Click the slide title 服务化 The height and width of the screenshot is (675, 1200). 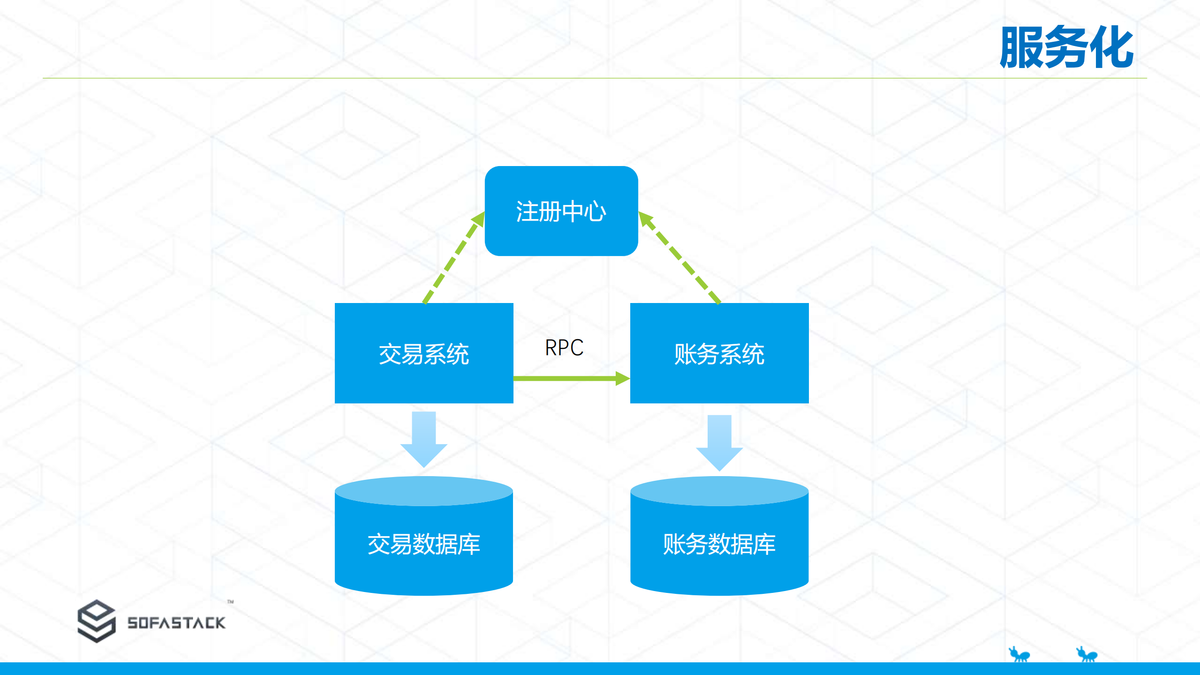(x=1066, y=47)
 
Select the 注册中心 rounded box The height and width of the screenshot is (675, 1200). (x=561, y=211)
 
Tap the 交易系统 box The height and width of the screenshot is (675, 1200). (x=423, y=353)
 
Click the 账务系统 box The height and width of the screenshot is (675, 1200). (x=719, y=353)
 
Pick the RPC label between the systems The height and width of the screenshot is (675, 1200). (x=564, y=348)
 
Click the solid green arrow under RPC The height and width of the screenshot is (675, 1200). (x=563, y=378)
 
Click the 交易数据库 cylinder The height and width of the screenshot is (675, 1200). (x=423, y=544)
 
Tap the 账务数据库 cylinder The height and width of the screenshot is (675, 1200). (x=719, y=544)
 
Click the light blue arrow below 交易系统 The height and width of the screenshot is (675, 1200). (x=423, y=439)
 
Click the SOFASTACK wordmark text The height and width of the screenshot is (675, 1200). (x=176, y=623)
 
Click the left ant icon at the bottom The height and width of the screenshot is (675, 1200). (x=1019, y=654)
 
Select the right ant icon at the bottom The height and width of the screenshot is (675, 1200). (x=1087, y=654)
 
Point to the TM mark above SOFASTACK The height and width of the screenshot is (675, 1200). (x=230, y=601)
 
